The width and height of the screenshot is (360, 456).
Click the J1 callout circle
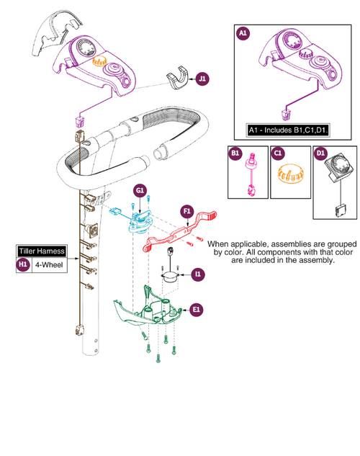pos(202,79)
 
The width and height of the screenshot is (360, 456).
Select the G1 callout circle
pos(140,190)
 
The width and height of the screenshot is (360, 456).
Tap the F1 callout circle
pos(187,211)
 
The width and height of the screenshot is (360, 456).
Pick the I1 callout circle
pos(198,274)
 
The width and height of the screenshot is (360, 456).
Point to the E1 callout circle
pos(197,310)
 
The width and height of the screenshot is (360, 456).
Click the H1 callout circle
pos(23,264)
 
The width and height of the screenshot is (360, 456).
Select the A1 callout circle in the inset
pos(243,33)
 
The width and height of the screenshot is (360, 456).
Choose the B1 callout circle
pos(235,153)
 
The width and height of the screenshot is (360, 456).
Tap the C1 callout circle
pos(278,153)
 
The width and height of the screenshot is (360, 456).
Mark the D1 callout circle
pos(320,153)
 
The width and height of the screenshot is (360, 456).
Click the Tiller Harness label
pos(42,251)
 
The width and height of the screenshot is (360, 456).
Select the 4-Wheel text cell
pos(49,265)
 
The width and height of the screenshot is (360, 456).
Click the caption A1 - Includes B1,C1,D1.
pos(288,130)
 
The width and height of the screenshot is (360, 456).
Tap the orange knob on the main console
pos(99,61)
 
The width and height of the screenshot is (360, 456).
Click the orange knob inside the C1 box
pos(291,174)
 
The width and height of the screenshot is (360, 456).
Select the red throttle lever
pos(179,231)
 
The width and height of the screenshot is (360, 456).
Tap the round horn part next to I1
pos(170,277)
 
